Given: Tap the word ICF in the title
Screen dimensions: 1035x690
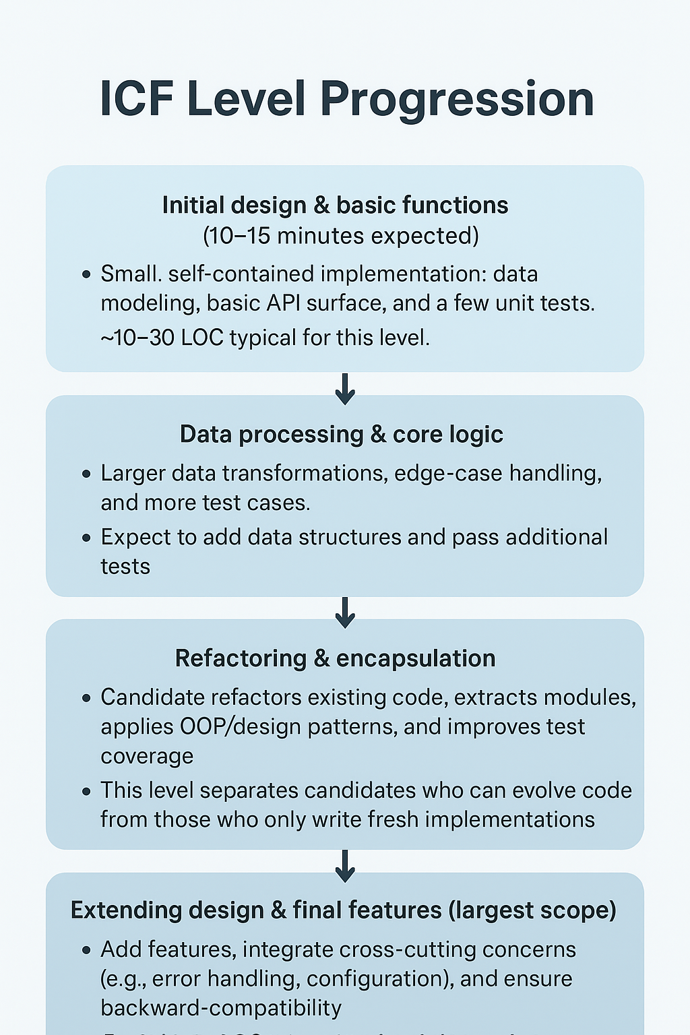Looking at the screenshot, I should point(137,98).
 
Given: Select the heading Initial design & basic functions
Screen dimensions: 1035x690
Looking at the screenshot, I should point(335,205).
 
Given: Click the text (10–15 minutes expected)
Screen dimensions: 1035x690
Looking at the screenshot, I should point(341,236).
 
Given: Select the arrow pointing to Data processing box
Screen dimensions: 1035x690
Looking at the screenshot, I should point(345,389).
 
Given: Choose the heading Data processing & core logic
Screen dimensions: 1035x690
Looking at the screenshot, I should point(341,435).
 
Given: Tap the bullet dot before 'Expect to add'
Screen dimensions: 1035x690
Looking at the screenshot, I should point(86,538).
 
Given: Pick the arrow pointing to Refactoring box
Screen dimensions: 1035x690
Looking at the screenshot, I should point(345,612).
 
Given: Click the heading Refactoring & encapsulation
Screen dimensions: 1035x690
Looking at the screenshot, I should point(335,658).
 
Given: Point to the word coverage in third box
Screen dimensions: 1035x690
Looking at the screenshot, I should point(147,756).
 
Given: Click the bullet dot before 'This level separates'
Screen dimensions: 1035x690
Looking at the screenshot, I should point(86,791).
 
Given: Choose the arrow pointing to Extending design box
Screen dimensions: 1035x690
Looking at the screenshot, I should point(345,866).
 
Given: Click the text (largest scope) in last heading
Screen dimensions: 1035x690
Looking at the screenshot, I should point(532,910).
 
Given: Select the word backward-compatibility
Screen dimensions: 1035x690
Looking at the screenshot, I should point(221,1008).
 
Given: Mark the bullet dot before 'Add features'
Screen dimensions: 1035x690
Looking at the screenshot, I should point(86,950).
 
